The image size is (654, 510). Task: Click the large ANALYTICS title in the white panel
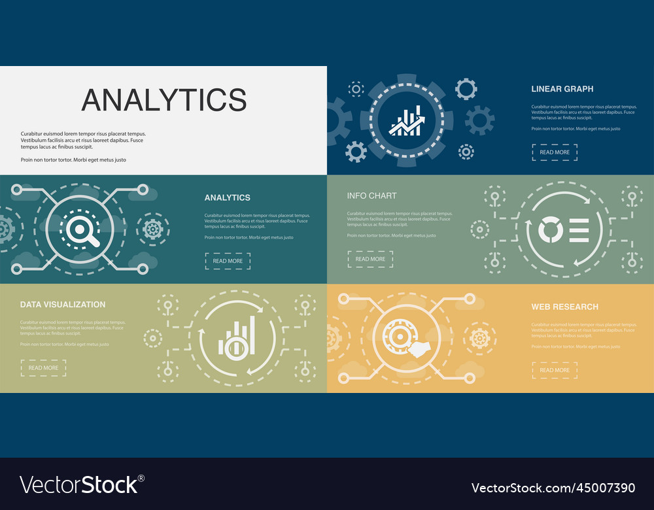click(163, 99)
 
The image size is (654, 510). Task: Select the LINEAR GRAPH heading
click(562, 89)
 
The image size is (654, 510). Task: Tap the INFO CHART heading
click(371, 195)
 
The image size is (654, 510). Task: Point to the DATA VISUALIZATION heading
click(63, 305)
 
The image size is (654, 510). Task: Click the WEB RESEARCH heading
click(564, 307)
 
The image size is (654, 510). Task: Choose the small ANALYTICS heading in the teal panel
click(227, 197)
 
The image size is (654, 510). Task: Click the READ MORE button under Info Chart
click(370, 259)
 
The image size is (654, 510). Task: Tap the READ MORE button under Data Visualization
click(43, 368)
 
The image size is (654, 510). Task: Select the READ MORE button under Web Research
click(555, 370)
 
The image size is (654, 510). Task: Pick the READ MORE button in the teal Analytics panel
click(228, 261)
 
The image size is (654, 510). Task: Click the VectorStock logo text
click(78, 485)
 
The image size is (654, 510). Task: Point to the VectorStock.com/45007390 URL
click(553, 488)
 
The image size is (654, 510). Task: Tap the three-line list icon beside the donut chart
click(578, 230)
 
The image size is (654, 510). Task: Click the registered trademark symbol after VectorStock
click(141, 479)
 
